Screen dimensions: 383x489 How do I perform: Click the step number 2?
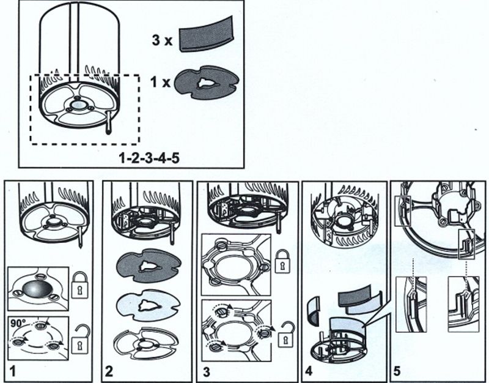(109, 370)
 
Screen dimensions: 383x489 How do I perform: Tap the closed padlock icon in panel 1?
(80, 286)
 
